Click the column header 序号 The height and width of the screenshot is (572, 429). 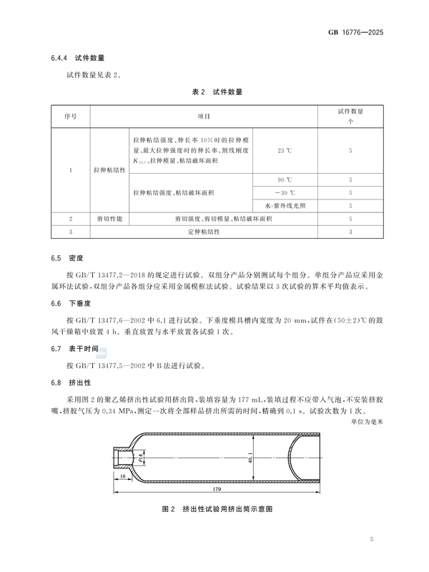[x=70, y=116]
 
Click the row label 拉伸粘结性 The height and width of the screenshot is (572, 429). [x=109, y=172]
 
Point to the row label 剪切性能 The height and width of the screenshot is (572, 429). [x=109, y=220]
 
